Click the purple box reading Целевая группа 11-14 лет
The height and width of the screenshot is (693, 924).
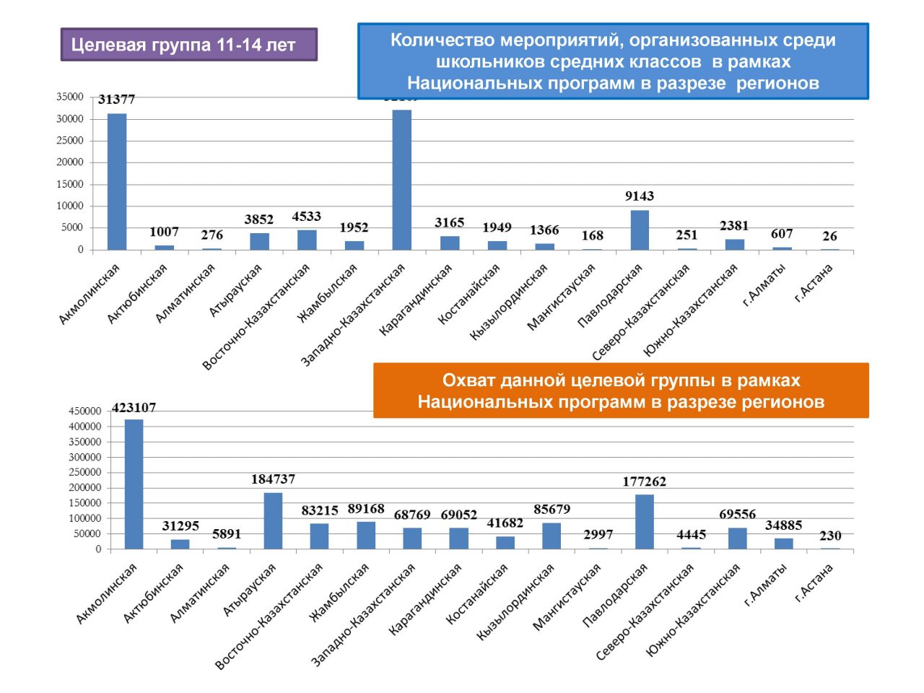[x=188, y=45]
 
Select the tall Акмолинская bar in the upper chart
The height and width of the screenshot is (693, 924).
[x=117, y=181]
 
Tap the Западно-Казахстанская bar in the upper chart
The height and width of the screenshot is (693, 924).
[x=401, y=180]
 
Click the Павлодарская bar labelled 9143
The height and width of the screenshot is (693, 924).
[x=640, y=230]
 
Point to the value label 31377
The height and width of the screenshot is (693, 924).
[x=117, y=100]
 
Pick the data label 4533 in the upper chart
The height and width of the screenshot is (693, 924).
[x=306, y=217]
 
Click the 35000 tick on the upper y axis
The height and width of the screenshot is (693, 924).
[x=70, y=97]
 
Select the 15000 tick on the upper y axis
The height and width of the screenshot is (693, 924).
[x=70, y=184]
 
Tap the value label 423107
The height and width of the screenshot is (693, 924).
[x=134, y=408]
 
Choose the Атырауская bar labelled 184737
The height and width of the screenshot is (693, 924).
[x=273, y=520]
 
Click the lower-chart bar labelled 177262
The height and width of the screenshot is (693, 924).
[x=645, y=521]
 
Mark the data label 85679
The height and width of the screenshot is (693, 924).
[x=552, y=510]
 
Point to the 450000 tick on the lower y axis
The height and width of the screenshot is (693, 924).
[x=84, y=411]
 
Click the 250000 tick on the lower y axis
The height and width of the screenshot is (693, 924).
[x=84, y=472]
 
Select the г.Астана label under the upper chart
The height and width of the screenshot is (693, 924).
[x=814, y=282]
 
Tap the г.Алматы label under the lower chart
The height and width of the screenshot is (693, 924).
[x=767, y=585]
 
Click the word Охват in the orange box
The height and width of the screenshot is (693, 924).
[x=468, y=380]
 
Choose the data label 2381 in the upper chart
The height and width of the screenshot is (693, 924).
[x=734, y=226]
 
